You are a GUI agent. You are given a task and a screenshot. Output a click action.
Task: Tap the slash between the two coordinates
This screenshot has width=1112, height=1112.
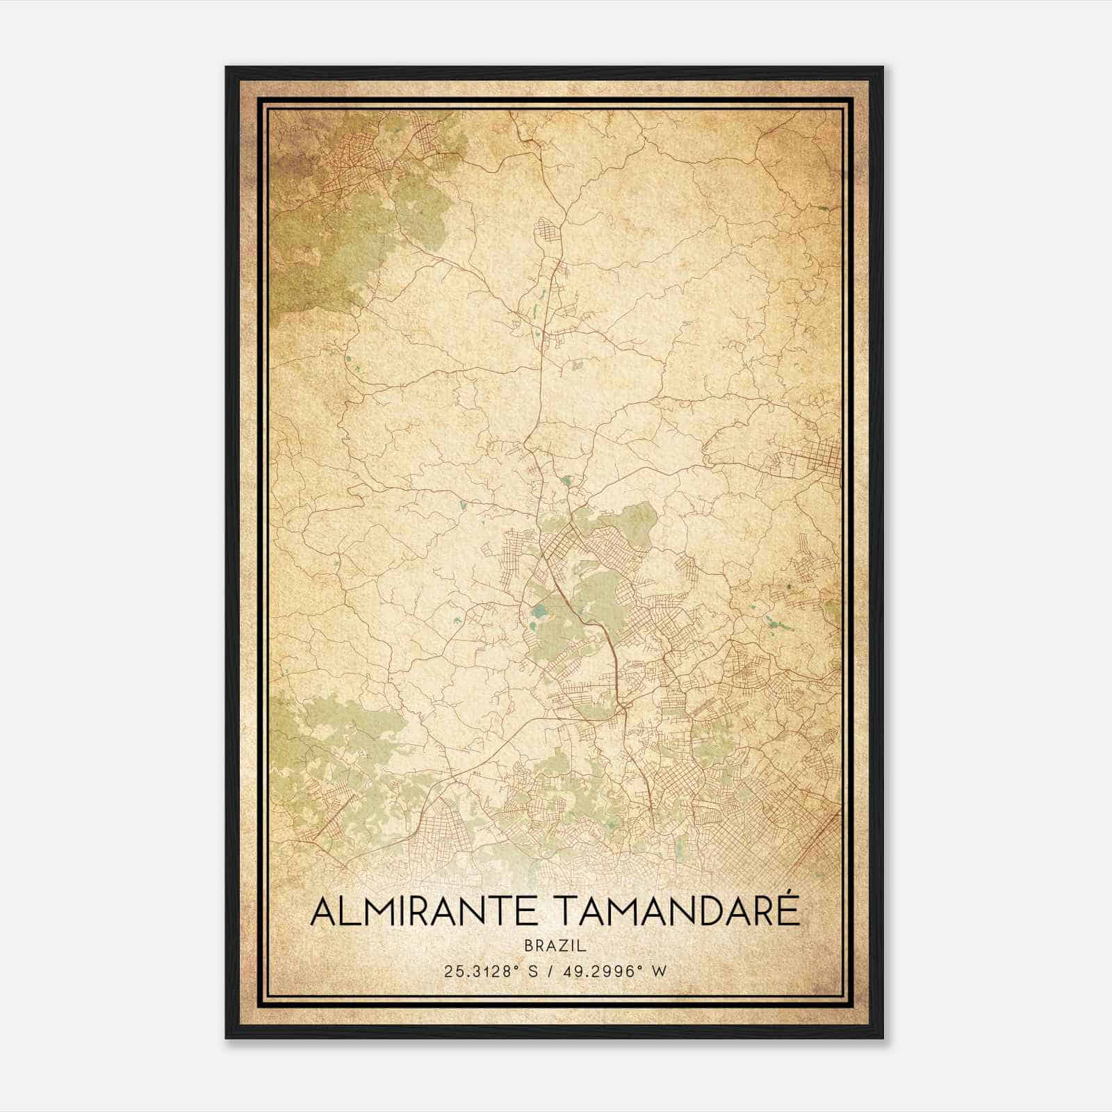[550, 972]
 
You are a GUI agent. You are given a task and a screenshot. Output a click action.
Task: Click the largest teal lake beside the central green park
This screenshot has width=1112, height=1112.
[539, 613]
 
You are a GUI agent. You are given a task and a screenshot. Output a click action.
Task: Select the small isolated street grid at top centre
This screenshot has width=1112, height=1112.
[546, 232]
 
